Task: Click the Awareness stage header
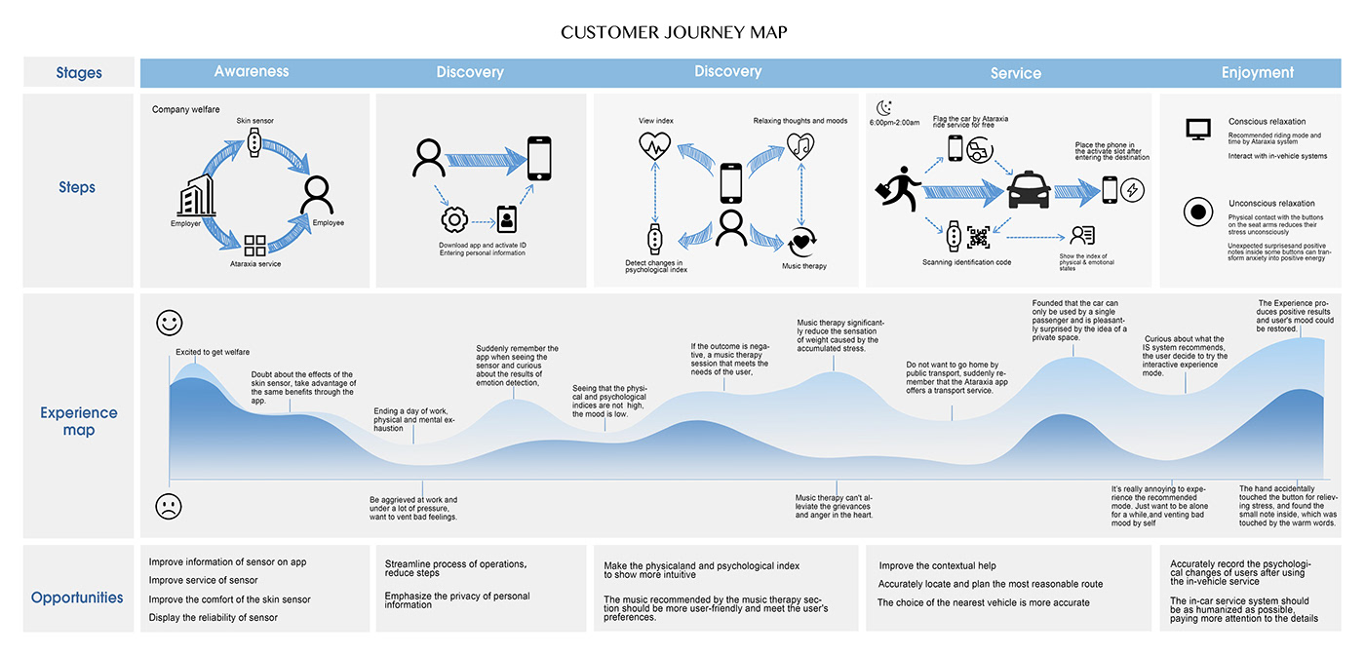(252, 71)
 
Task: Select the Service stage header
(1015, 73)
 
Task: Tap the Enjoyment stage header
(1258, 72)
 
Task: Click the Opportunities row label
(77, 598)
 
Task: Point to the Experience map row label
(79, 421)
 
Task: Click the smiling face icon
(169, 323)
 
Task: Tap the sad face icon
(169, 506)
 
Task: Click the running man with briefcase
(900, 189)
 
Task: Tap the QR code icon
(979, 237)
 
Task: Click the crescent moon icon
(883, 107)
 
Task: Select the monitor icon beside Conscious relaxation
(1197, 129)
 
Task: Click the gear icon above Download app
(453, 218)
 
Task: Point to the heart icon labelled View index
(653, 146)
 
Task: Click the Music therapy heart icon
(800, 239)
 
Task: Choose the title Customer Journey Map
(674, 32)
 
